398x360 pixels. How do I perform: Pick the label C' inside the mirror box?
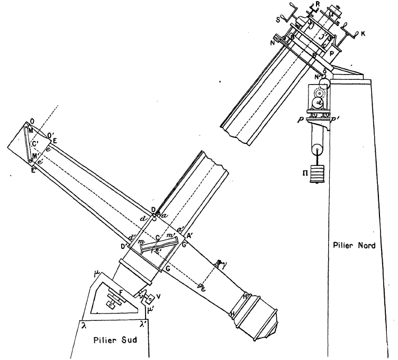point(35,143)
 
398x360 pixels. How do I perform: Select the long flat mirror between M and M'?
point(29,143)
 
